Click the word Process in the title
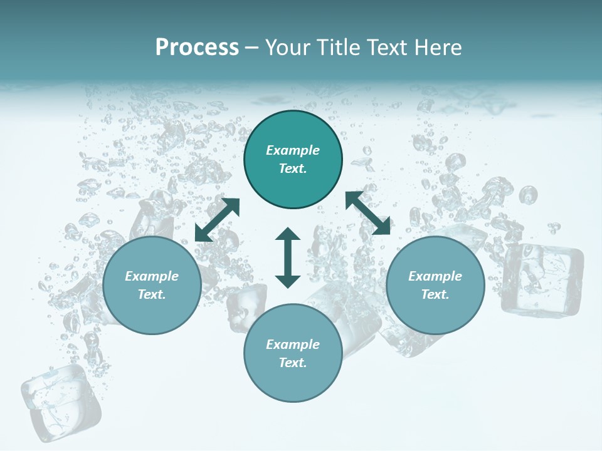(197, 48)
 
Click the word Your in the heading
(285, 48)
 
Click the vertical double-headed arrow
(288, 257)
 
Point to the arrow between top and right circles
(367, 213)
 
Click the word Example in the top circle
(293, 150)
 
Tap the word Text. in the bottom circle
(293, 363)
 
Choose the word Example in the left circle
(152, 276)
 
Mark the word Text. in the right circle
(435, 294)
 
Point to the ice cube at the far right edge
(542, 279)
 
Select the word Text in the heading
(384, 48)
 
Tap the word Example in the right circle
(435, 276)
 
